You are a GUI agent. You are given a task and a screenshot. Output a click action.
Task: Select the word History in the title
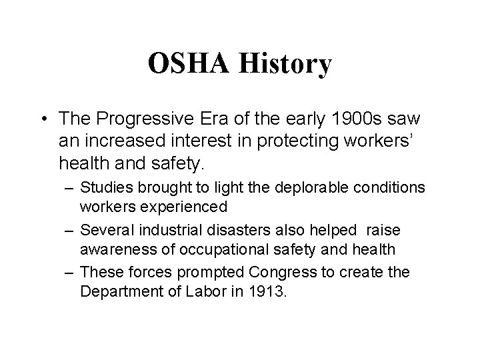[285, 65]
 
